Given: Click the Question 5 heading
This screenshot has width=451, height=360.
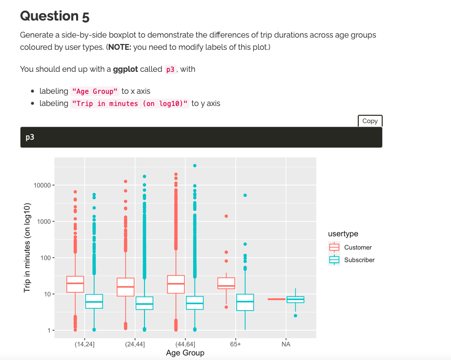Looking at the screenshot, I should coord(55,16).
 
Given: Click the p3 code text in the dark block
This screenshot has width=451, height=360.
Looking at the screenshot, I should coord(30,138).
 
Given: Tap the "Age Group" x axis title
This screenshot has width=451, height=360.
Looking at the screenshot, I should coord(185,353).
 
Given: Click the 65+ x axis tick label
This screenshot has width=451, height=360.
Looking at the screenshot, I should coord(236,344).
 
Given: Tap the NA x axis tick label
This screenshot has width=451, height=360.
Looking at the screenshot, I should coord(286,344).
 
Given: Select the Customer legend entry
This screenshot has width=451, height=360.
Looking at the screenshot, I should coord(357,248).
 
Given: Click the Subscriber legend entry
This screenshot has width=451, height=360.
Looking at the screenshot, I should coord(359,260).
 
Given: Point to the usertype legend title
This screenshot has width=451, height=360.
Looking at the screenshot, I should coord(343,234).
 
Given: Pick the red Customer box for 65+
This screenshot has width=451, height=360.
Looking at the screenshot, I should coord(226,283).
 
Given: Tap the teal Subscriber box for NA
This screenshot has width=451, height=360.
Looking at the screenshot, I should coord(295,299).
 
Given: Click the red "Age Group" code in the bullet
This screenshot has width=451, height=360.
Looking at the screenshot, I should coord(95,91).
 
